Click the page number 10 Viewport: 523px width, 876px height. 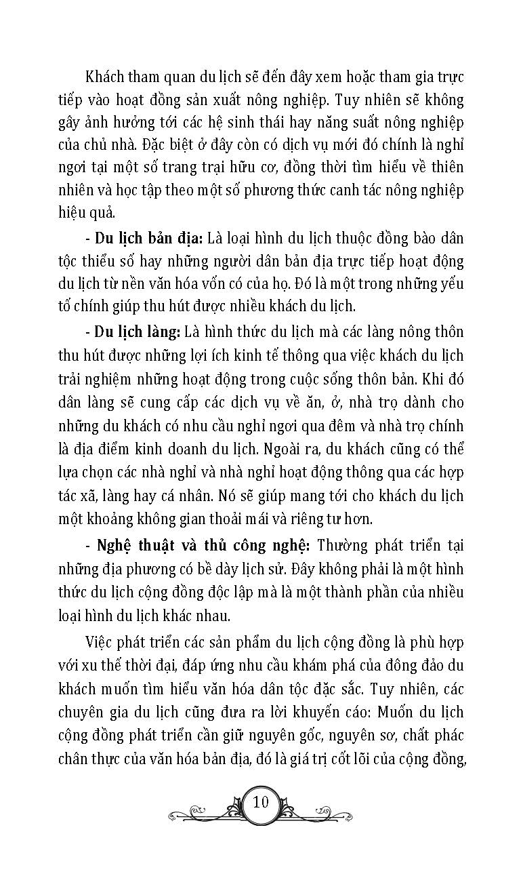coord(261,801)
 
